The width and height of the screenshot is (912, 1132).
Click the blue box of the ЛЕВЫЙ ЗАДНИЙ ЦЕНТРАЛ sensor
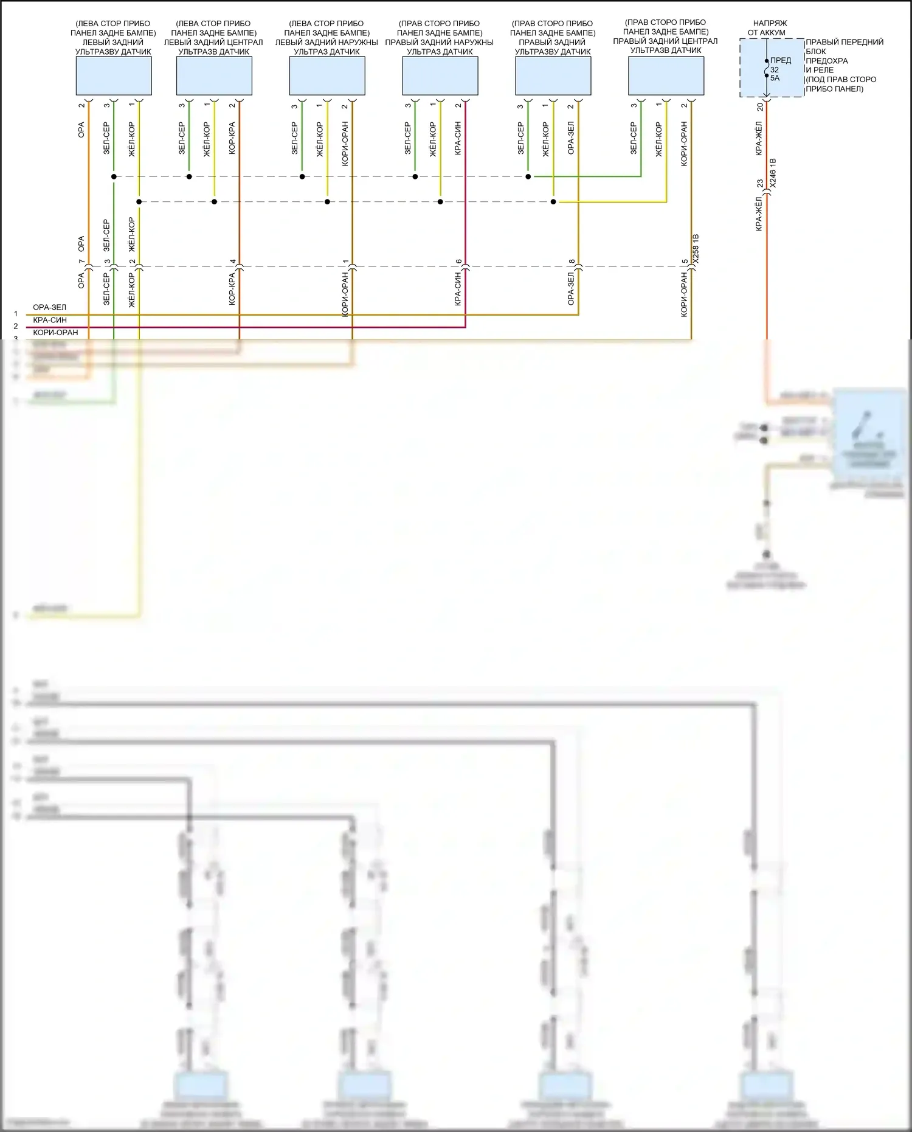(214, 76)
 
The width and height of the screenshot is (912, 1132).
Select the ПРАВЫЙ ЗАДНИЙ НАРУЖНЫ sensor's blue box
(440, 76)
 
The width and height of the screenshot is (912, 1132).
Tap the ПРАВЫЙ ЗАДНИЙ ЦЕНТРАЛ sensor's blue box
(666, 75)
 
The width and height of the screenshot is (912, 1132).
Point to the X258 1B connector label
(696, 248)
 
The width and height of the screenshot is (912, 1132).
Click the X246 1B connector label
(773, 173)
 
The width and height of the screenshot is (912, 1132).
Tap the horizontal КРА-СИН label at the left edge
(50, 320)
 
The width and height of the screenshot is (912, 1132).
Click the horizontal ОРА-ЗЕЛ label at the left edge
(50, 307)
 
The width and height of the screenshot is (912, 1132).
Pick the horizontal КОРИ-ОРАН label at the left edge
(55, 333)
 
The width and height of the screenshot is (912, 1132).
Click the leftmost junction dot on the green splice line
(114, 177)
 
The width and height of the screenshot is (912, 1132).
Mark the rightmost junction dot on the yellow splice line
(553, 202)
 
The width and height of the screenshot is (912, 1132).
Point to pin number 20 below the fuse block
(760, 107)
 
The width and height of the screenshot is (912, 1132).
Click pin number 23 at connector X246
(760, 183)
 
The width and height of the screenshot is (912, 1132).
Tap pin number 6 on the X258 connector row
(458, 262)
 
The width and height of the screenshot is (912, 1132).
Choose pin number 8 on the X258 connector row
(572, 262)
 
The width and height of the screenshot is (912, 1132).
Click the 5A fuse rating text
(775, 78)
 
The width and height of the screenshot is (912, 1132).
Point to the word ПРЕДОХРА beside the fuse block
(826, 61)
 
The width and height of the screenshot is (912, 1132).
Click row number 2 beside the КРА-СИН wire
(16, 327)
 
